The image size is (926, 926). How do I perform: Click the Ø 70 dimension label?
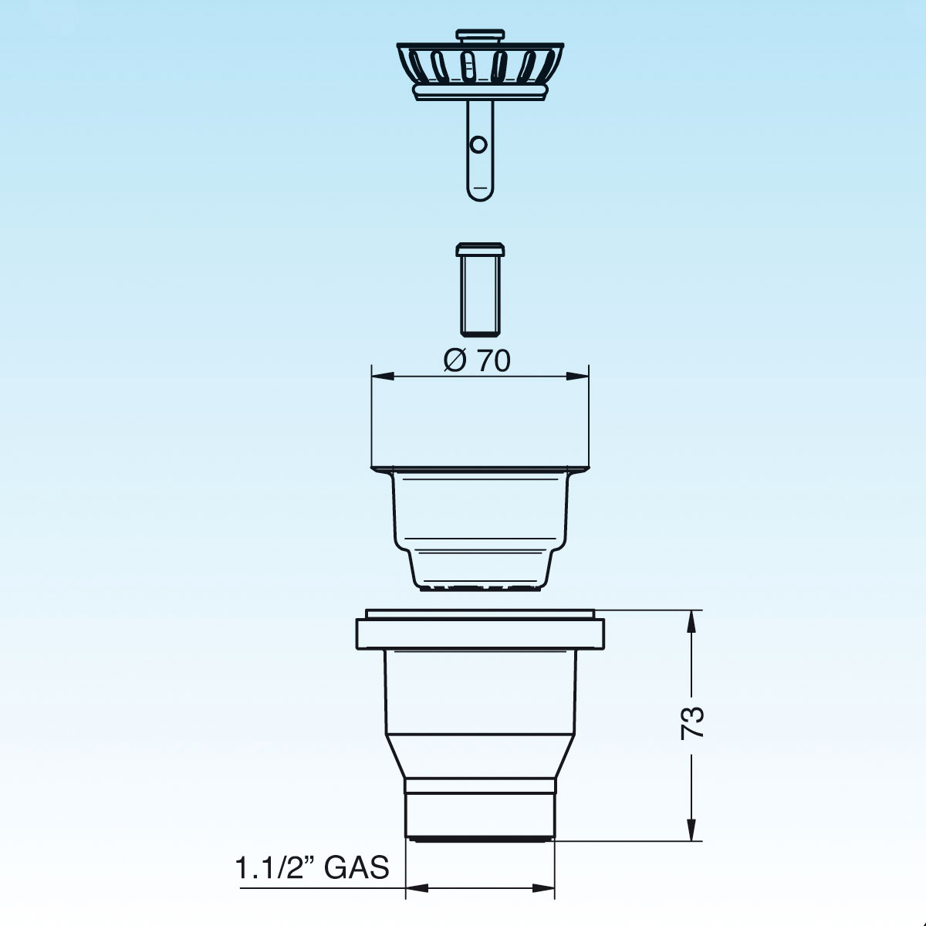click(x=476, y=360)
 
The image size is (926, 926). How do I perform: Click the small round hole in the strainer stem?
click(x=478, y=144)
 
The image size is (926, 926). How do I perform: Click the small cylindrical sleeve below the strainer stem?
click(x=480, y=289)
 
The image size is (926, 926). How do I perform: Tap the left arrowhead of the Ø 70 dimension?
click(x=383, y=377)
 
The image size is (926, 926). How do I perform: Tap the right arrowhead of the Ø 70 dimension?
click(x=577, y=377)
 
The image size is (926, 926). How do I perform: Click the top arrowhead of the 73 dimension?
click(x=691, y=622)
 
